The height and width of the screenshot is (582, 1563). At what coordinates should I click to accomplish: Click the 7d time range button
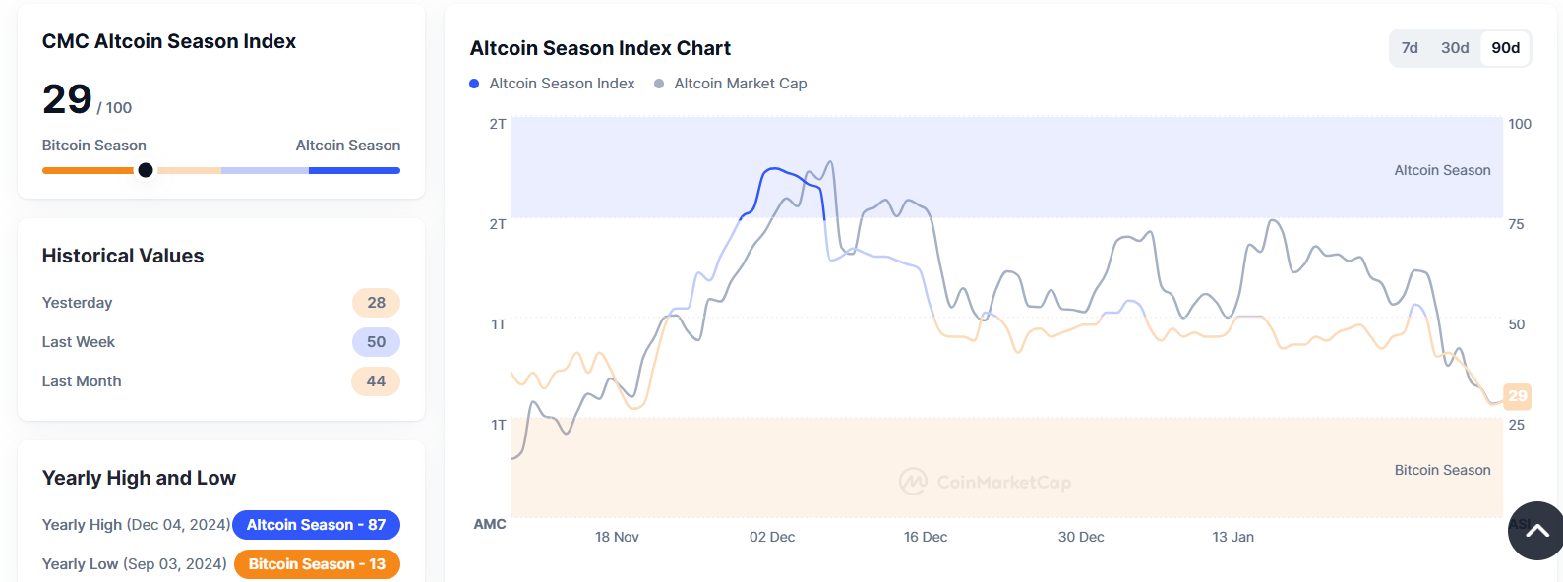click(1410, 48)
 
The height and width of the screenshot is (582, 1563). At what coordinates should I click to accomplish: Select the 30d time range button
click(1455, 48)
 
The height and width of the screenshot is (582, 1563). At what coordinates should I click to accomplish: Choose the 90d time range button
click(1505, 48)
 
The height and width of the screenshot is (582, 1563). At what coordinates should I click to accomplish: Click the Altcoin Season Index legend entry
click(553, 84)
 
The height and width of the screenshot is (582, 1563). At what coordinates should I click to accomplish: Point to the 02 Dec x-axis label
click(772, 537)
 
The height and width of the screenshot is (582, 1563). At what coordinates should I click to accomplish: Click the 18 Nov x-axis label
click(617, 537)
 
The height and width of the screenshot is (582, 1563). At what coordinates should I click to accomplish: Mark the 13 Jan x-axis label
click(1232, 537)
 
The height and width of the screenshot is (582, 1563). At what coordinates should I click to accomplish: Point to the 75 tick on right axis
click(1516, 224)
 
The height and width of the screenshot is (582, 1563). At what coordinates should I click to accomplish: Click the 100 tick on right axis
click(1519, 124)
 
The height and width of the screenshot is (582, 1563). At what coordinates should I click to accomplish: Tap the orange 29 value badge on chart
click(1517, 396)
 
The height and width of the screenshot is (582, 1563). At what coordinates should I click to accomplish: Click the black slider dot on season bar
click(146, 170)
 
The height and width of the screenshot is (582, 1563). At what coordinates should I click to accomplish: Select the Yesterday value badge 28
click(376, 303)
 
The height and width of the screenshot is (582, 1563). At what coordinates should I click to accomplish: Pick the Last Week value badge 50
click(376, 342)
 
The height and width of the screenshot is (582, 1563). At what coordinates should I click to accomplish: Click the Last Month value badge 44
click(376, 381)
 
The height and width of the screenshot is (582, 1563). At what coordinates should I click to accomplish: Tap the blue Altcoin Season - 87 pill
click(316, 525)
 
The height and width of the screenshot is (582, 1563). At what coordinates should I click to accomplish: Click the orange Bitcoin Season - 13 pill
click(317, 564)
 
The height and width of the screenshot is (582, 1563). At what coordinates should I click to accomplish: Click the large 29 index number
click(67, 99)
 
